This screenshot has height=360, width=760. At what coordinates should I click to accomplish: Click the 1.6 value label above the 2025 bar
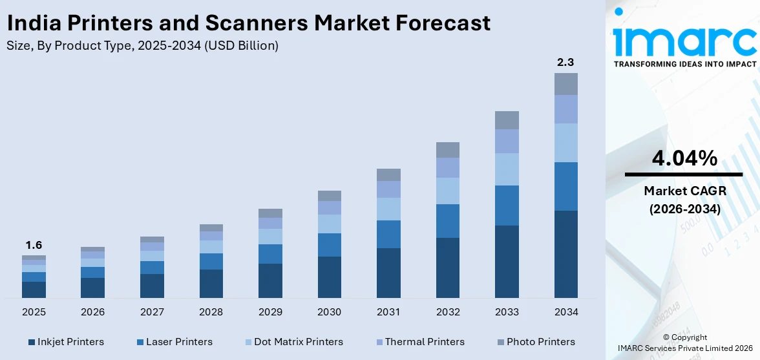click(x=34, y=246)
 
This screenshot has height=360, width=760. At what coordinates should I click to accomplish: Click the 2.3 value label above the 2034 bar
click(x=565, y=63)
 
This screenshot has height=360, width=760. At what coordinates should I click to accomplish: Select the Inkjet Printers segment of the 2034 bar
click(x=565, y=254)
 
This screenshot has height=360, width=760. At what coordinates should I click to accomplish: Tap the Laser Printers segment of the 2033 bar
click(x=507, y=206)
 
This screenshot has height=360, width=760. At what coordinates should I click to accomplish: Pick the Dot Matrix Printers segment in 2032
click(x=447, y=191)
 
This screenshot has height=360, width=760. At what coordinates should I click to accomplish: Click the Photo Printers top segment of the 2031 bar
click(x=388, y=175)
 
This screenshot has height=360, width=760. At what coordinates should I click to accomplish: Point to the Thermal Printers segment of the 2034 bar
click(x=565, y=109)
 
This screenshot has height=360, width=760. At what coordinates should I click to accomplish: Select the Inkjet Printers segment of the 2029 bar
click(x=270, y=281)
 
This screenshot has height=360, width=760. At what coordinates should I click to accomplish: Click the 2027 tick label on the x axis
click(x=152, y=312)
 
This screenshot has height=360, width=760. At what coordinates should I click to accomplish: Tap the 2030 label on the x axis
click(x=329, y=312)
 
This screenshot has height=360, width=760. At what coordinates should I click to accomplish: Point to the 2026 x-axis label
click(x=92, y=312)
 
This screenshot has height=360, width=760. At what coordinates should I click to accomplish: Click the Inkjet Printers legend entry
click(x=65, y=342)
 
